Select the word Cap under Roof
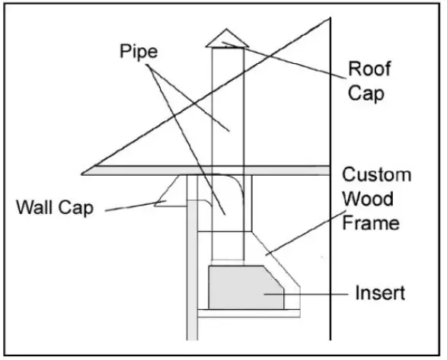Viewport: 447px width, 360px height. point(366,94)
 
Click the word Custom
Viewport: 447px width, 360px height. point(376,175)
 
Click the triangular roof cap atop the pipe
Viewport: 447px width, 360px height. point(226,39)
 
